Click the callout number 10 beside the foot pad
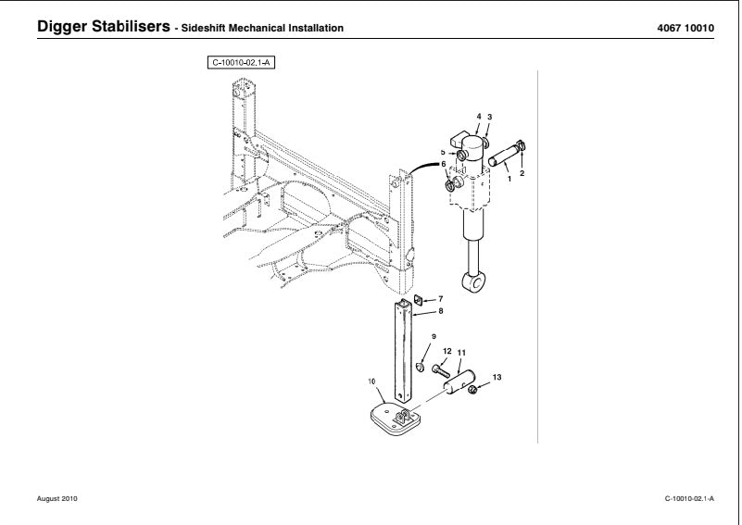coord(371,381)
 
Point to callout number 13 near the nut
coord(497,378)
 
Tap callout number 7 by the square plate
coord(440,299)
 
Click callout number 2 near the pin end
coord(522,173)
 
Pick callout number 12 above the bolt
coord(446,352)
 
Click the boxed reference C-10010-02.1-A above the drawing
coord(245,63)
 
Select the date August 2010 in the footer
coord(57,499)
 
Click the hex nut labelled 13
coord(472,390)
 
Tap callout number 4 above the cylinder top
coord(479,117)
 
